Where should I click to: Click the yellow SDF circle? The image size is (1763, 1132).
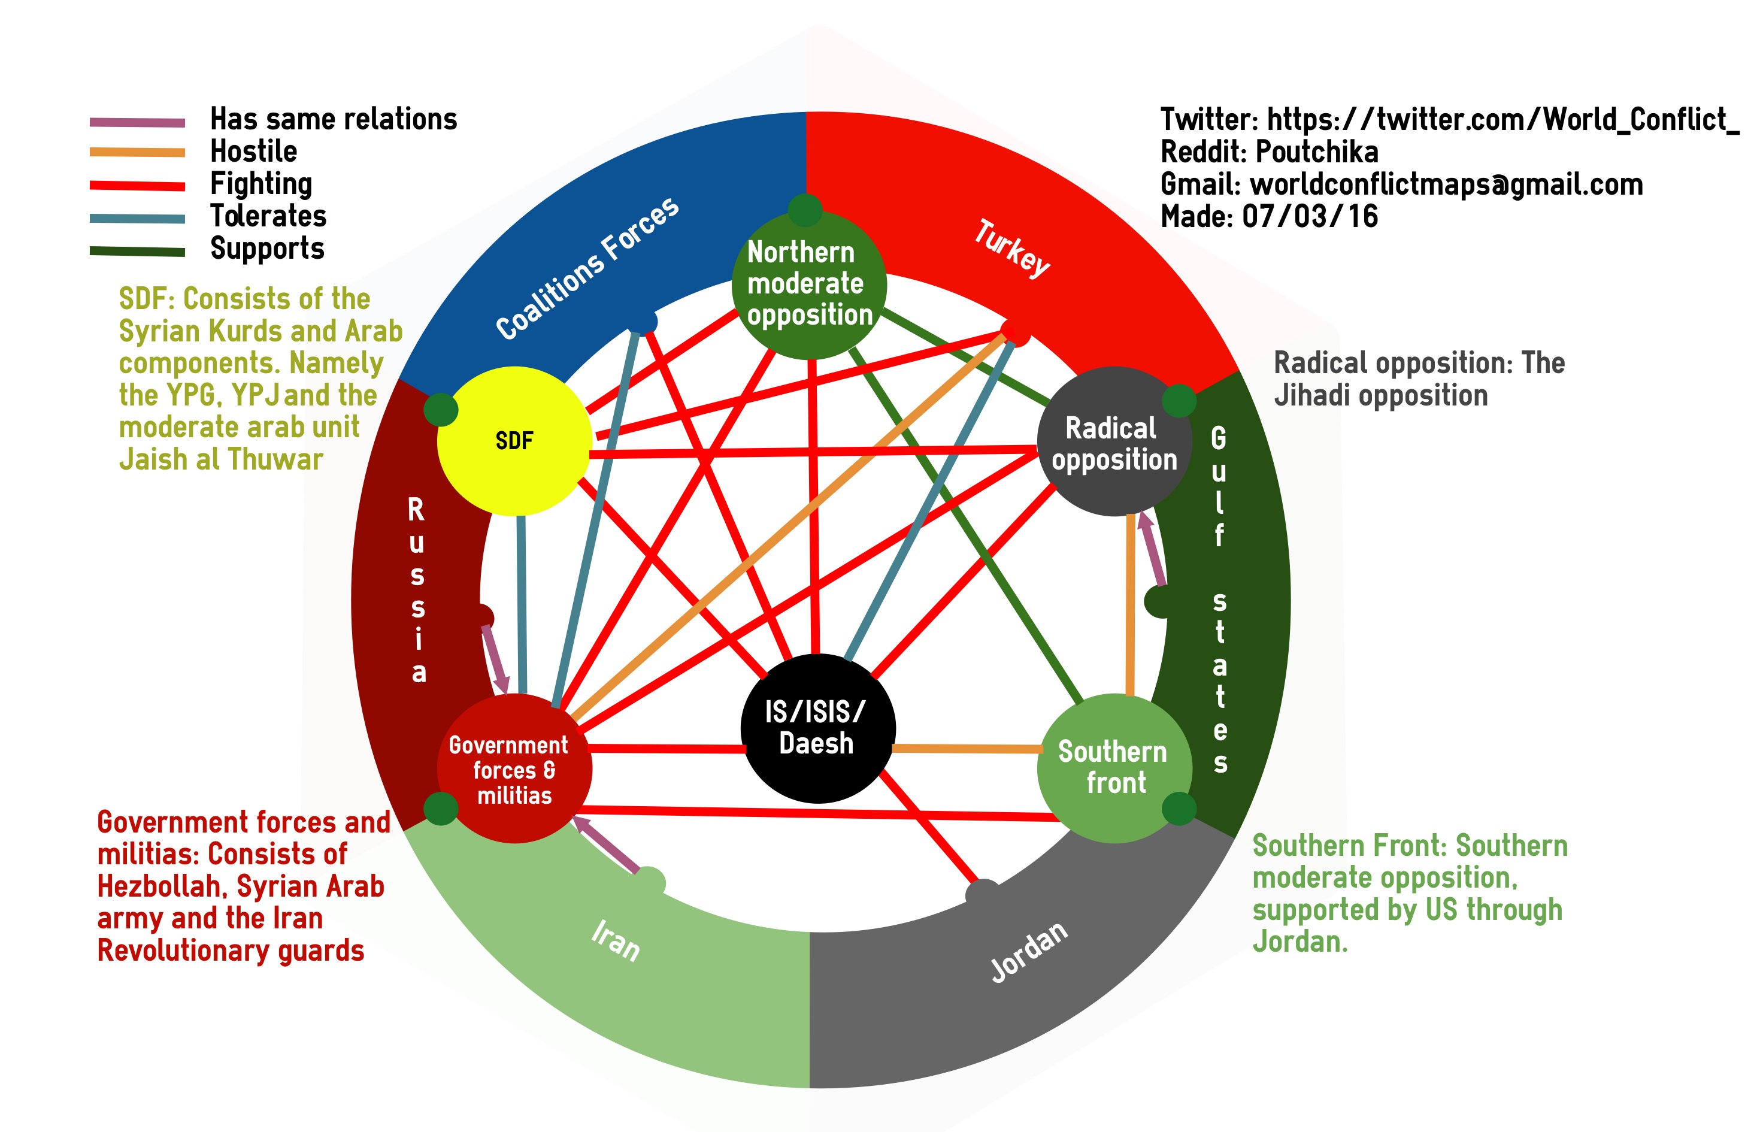point(514,441)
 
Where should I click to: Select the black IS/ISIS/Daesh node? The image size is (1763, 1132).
point(818,728)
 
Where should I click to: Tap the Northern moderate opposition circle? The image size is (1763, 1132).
point(809,284)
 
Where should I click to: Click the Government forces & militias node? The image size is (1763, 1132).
point(514,768)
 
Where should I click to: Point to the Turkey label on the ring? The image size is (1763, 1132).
point(1012,249)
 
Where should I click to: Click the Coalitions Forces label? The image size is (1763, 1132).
point(587,268)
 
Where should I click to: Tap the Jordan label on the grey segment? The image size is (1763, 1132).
point(1029,951)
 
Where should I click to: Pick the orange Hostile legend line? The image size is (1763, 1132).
point(137,153)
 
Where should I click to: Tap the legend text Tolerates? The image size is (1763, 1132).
point(268,216)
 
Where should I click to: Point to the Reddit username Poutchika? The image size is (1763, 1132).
point(1317,152)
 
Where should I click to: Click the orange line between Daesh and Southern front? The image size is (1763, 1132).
point(967,748)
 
